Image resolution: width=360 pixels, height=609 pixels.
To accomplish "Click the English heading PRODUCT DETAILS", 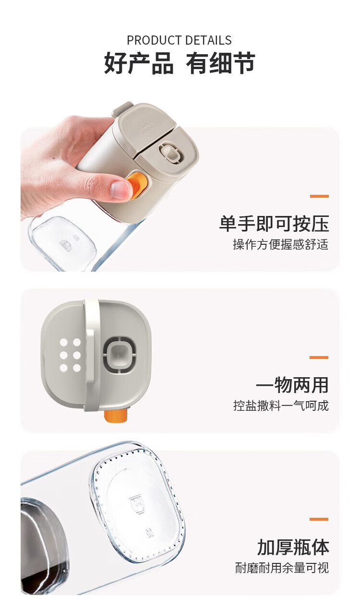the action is pos(179,40).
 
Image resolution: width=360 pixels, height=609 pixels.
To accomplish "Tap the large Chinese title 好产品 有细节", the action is pos(180,63).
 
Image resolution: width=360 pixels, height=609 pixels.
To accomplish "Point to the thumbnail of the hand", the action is pos(120,189).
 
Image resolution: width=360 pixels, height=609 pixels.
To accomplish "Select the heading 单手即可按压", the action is pos(274,224).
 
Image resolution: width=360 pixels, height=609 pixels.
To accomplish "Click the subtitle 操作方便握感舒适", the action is pos(281,244).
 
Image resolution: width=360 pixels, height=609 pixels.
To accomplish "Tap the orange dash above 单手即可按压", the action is pos(319,196).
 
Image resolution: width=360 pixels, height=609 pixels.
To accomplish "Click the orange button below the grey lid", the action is pos(116,416).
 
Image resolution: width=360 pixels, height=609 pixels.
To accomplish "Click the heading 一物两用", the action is pos(292,385).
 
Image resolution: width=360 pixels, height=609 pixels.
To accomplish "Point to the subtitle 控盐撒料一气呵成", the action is pos(281,406).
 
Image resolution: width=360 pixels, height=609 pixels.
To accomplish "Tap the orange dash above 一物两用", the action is pos(319,357).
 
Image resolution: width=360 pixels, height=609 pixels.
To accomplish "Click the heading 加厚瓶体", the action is pos(293,547).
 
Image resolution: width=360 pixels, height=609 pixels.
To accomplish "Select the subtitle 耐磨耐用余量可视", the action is pos(282,568).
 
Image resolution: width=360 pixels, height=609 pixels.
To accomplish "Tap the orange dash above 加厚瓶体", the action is pos(319,519).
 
